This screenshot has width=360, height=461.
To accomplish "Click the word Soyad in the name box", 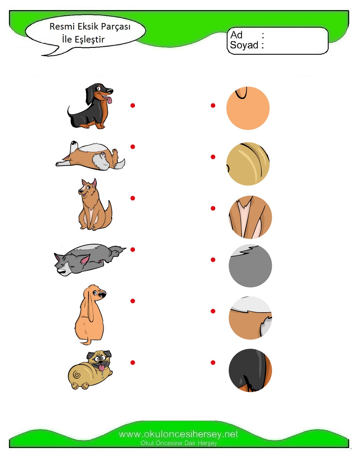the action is tap(244, 45).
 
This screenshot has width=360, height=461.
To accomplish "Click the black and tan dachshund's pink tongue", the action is tap(109, 100).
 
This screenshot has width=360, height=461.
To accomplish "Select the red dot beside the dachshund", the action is tap(133, 106).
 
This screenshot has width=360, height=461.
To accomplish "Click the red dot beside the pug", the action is tap(133, 363).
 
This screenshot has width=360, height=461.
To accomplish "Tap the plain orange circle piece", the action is tap(248, 108).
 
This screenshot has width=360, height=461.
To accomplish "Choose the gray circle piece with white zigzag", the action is tap(250, 266).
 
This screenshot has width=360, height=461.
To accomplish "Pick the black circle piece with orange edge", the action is tap(250, 370).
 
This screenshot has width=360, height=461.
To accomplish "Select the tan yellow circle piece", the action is tap(248, 164).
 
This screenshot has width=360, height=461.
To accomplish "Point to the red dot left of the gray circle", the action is tap(213, 260).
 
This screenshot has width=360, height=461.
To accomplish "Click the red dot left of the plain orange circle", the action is tap(213, 106).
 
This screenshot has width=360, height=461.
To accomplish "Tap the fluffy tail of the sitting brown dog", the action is tap(108, 214).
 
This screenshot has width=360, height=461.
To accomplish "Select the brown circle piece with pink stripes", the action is tap(250, 217).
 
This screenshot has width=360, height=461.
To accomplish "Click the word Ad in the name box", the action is tap(236, 35).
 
